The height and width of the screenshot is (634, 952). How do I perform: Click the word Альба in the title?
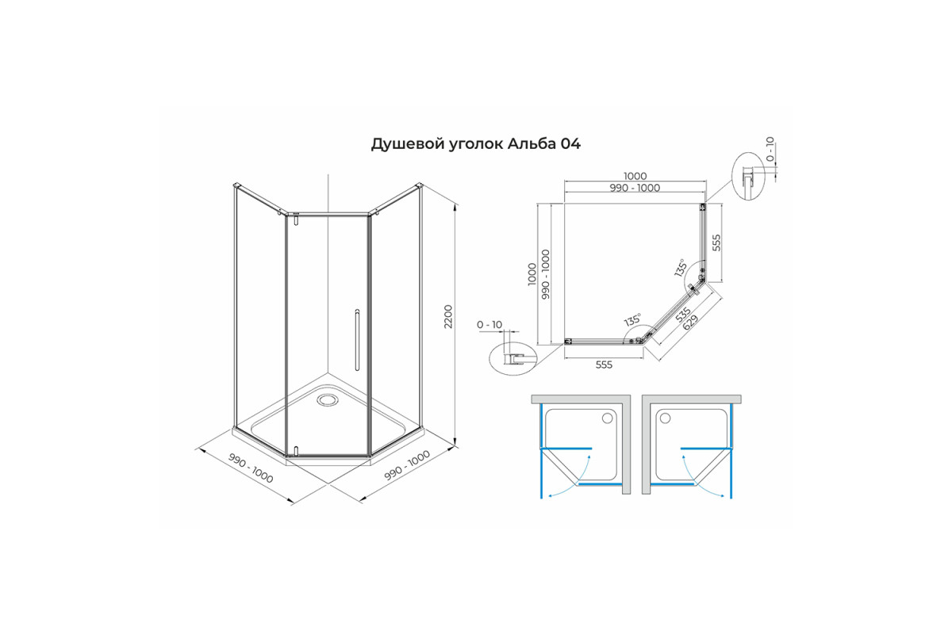pos(532,144)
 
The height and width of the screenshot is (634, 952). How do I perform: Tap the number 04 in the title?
pos(570,144)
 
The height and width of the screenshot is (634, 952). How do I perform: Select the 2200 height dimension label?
pos(449,316)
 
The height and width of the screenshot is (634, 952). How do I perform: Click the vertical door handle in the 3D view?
pos(357,341)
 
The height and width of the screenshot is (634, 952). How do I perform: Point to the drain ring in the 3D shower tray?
pos(327,399)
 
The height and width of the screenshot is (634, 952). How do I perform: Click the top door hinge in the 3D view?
pos(296,220)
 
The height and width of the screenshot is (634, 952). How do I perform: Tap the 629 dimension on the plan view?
pos(691,322)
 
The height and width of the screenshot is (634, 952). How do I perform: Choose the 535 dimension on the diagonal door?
pos(683,314)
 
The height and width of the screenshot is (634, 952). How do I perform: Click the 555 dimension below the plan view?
pos(604,365)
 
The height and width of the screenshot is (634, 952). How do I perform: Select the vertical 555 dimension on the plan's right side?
pos(716,243)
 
